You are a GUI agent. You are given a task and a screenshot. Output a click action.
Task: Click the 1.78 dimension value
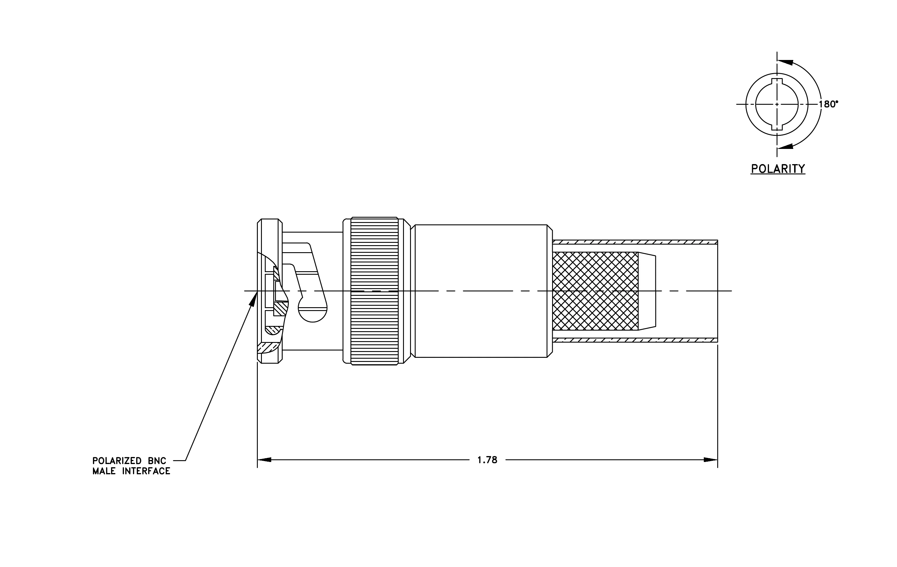coord(487,460)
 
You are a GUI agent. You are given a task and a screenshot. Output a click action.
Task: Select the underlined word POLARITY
coord(778,169)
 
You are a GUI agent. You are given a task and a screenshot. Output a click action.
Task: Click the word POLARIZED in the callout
coord(117,461)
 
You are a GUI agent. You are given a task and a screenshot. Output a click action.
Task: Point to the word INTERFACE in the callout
coord(146,471)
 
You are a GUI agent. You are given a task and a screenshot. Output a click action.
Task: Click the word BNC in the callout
coord(157,461)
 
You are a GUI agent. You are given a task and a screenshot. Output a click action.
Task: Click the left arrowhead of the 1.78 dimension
coord(264,460)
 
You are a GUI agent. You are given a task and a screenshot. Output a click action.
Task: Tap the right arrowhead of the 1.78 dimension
coord(710,460)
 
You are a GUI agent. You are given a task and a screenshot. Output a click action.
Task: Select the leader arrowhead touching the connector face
coord(253,299)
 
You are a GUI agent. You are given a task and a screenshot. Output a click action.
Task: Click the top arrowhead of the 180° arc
coord(785,62)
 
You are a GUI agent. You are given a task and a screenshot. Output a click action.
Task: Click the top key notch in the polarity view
coord(777,82)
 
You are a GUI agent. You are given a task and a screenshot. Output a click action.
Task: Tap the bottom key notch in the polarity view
coord(777,127)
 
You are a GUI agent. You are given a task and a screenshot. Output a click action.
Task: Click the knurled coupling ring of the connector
coord(375,291)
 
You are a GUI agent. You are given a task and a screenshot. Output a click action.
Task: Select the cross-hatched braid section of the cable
coord(595,291)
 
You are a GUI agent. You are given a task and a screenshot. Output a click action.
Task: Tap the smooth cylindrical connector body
coord(481,291)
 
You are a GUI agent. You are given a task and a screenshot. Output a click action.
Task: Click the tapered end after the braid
coord(647,291)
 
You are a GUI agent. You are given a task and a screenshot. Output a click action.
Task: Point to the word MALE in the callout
coord(104,471)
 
